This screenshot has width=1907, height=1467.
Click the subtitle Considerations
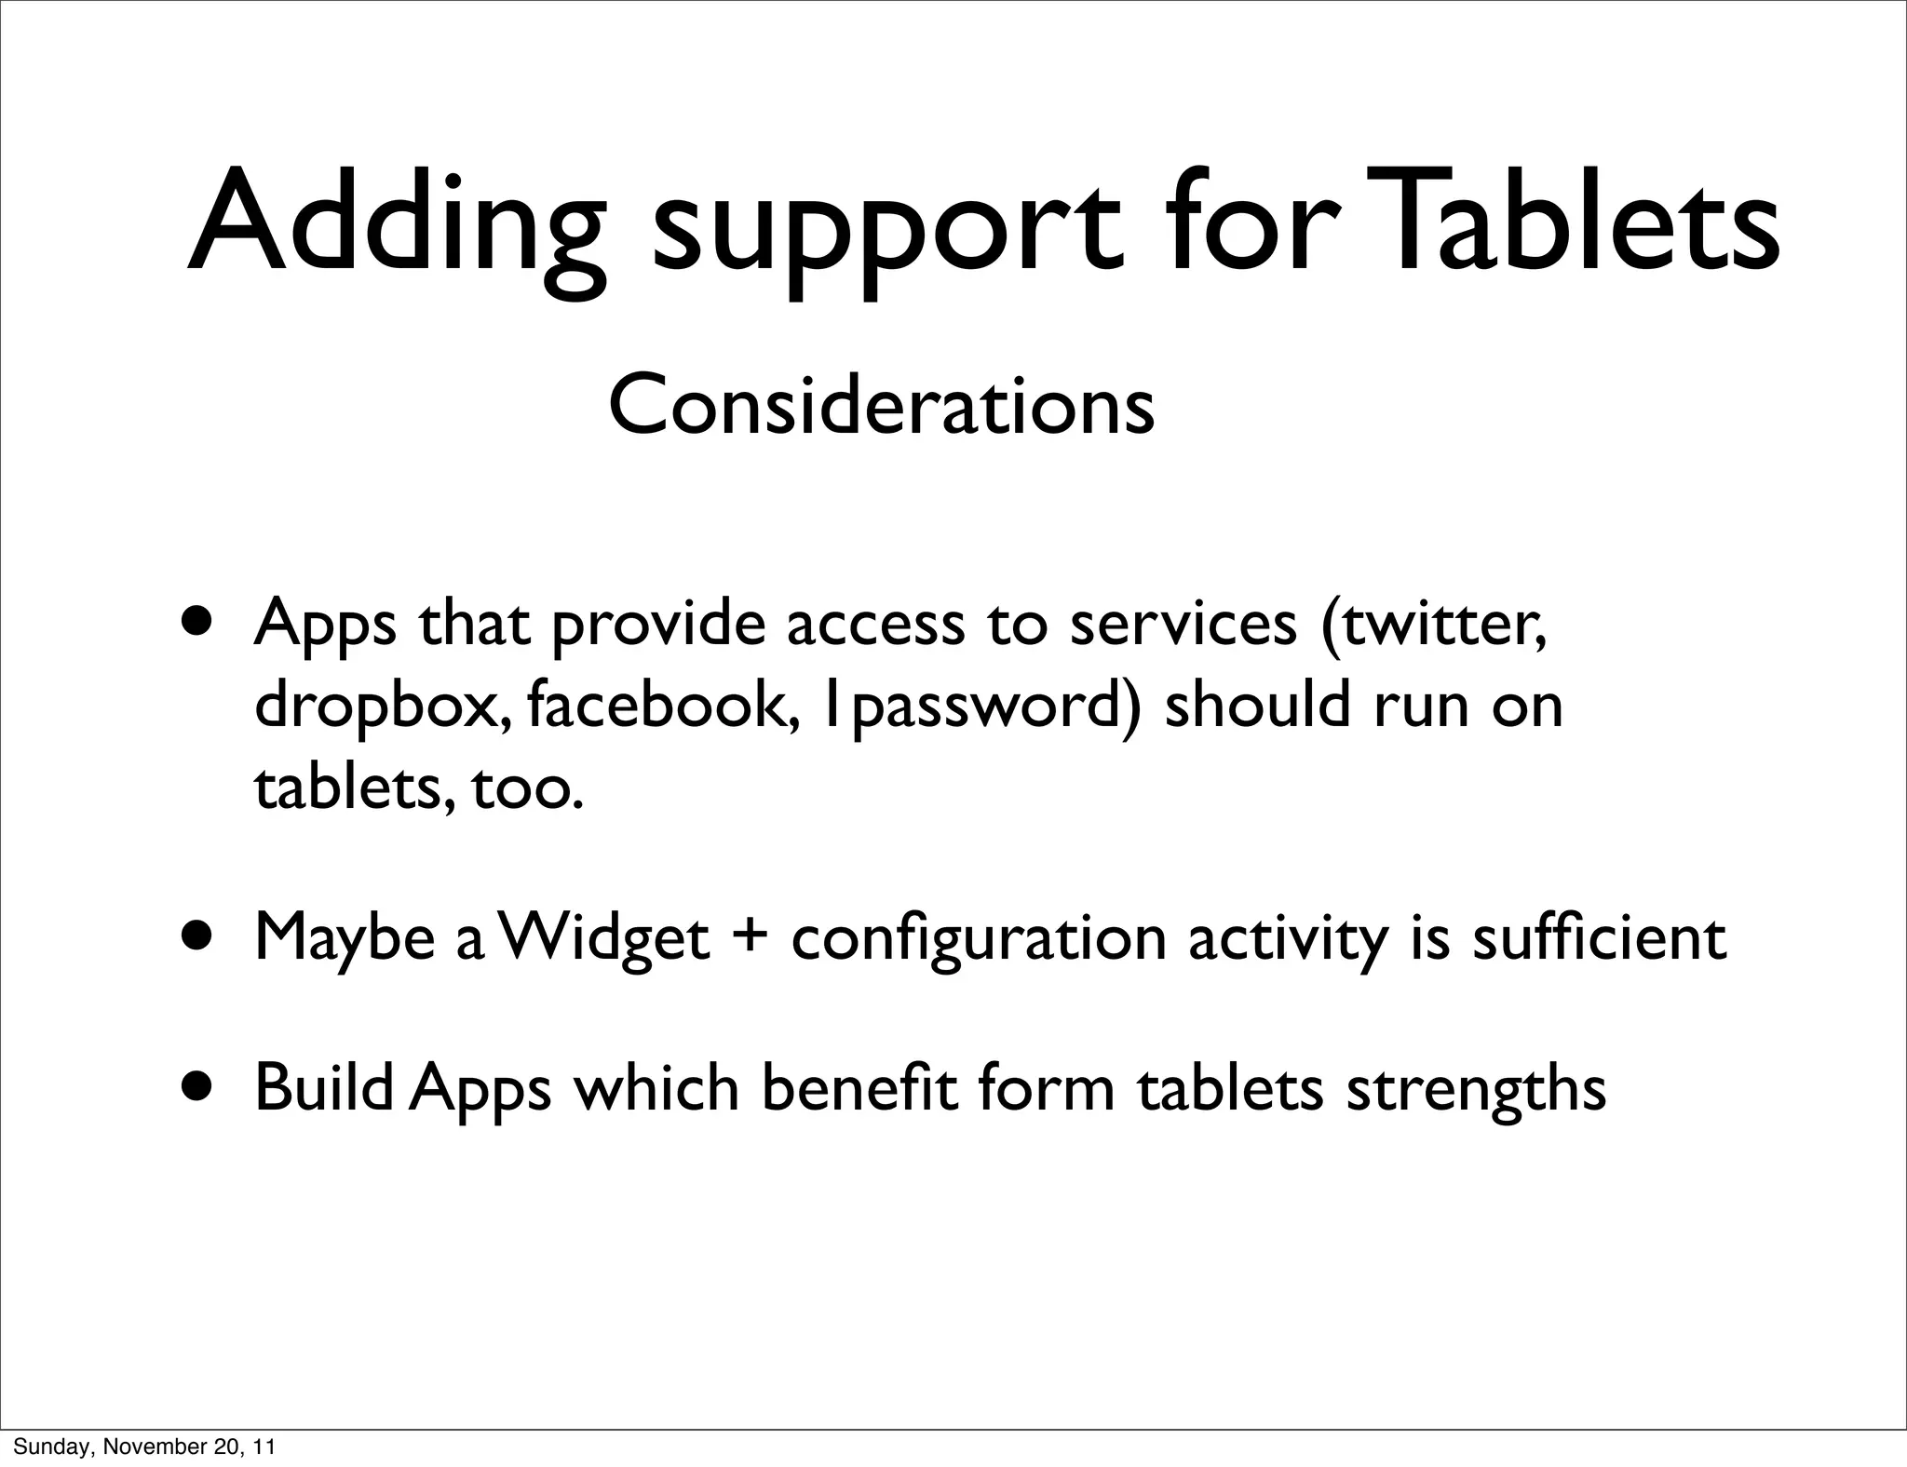(x=881, y=406)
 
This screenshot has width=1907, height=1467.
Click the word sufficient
(x=1599, y=936)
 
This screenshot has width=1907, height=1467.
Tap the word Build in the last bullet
(x=323, y=1086)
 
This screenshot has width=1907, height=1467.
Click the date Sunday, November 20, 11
(x=144, y=1447)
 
